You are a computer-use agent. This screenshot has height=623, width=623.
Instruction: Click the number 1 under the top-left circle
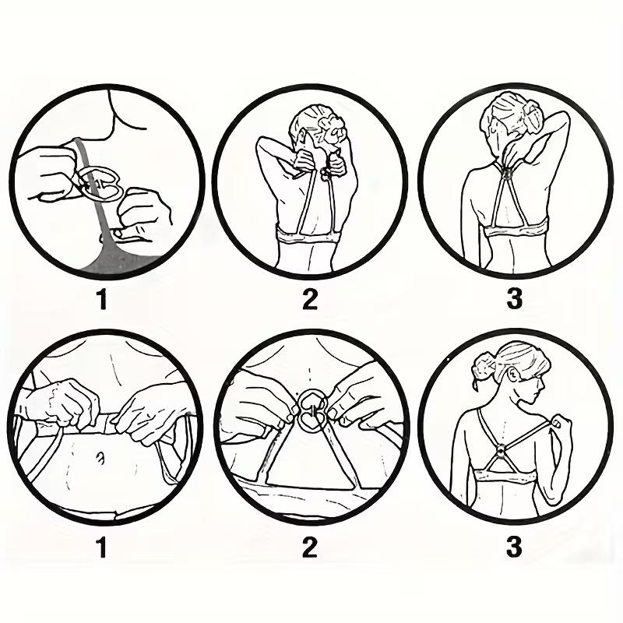pos(103,299)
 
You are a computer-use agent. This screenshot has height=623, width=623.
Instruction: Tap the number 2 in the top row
pos(309,299)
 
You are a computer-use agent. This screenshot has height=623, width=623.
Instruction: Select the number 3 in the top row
pos(515,299)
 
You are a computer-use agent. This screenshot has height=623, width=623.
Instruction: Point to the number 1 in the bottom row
pos(102,547)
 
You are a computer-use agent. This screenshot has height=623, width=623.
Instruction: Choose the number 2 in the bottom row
pos(309,547)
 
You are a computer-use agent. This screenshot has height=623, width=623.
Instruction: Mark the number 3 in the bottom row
pos(514,547)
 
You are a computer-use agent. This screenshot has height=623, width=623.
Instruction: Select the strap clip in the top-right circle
pos(507,174)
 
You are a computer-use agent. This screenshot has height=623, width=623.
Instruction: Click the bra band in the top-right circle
pos(516,230)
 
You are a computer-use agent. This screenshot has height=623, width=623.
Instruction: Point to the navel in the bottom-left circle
pos(100,459)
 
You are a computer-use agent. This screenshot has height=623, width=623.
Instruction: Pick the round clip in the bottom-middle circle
pos(312,410)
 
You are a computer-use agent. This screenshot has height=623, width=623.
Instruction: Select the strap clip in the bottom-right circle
pos(501,451)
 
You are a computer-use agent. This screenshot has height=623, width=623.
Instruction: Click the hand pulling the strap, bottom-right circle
pos(561,424)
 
